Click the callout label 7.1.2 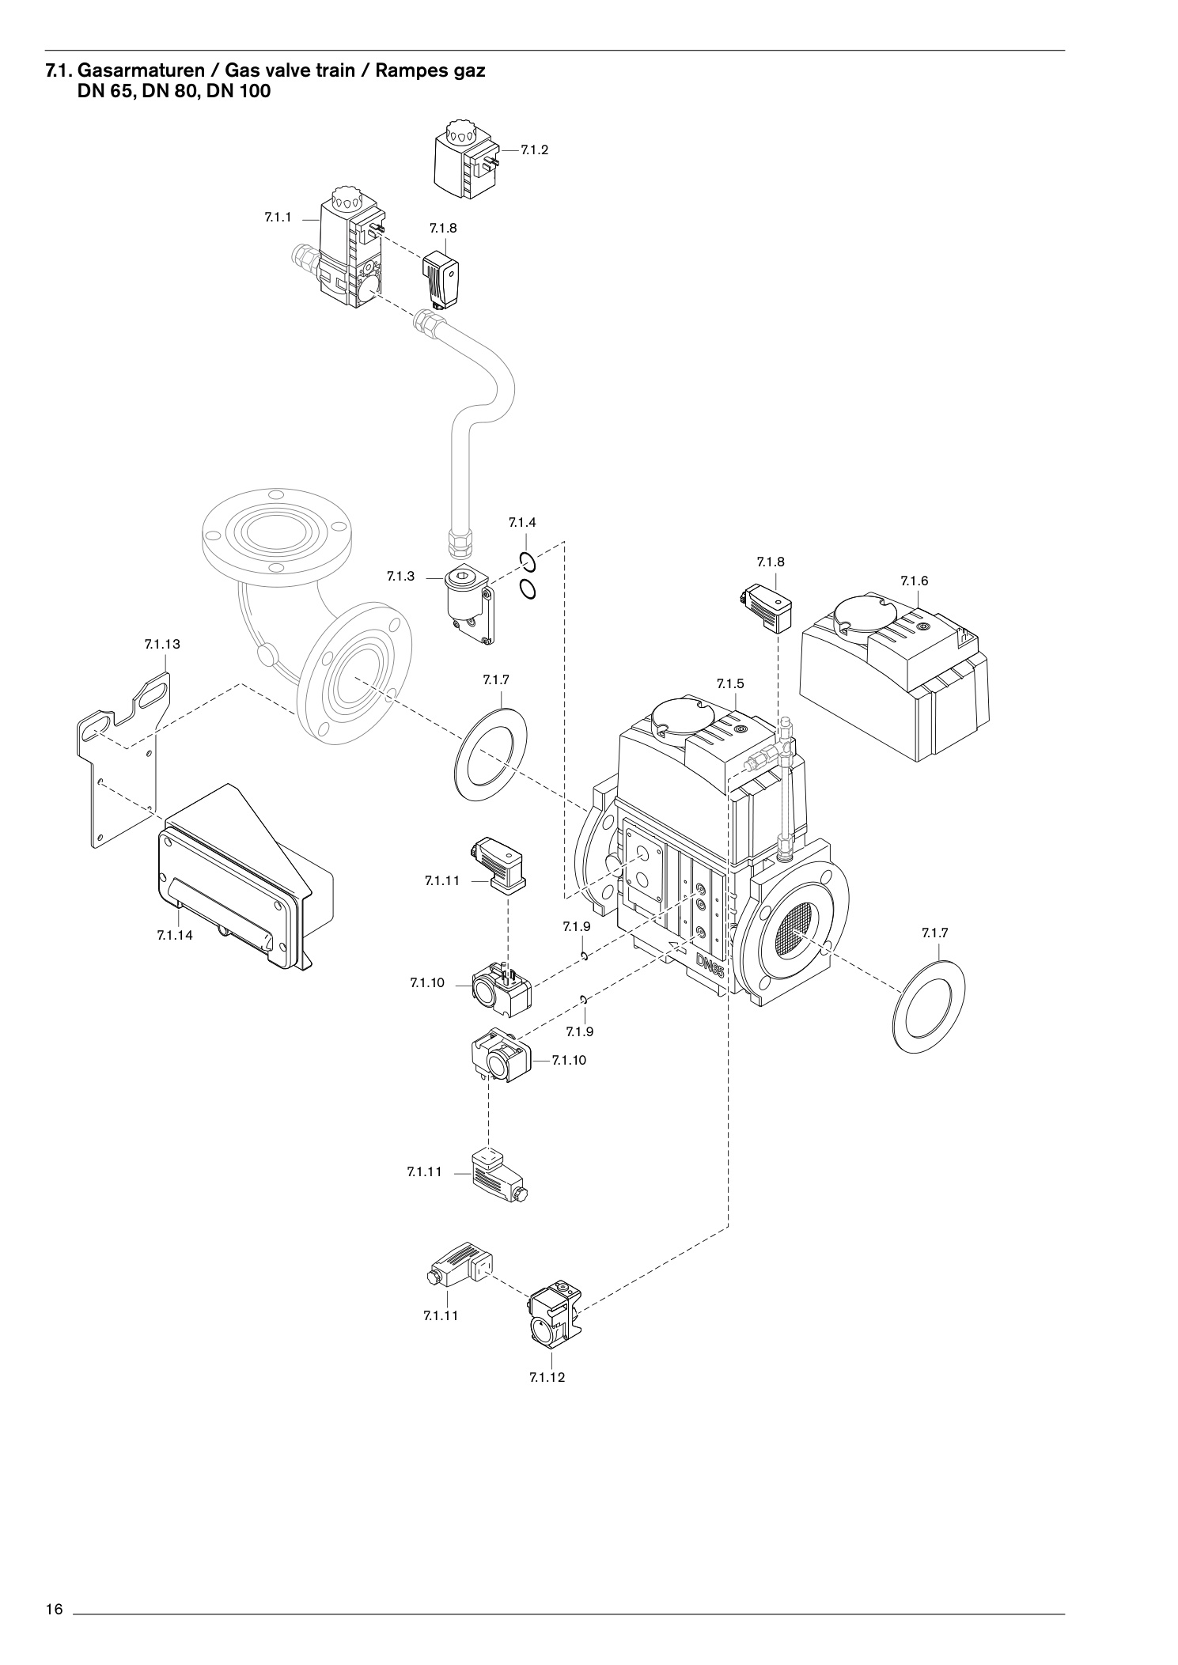pos(535,149)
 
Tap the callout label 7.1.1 pos(278,217)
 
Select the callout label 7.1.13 pos(162,644)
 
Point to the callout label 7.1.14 pos(175,935)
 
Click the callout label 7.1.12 pos(547,1377)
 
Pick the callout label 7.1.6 pos(914,581)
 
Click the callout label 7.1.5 pos(730,683)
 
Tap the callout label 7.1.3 pos(400,577)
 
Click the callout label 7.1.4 pos(522,522)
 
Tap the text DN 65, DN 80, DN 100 pos(173,92)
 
